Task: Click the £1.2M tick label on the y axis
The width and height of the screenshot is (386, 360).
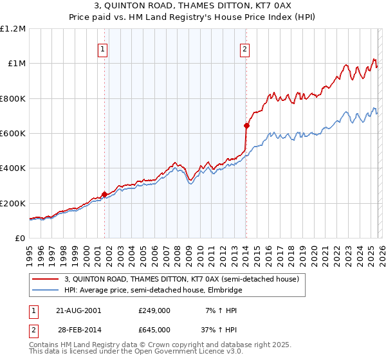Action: (x=13, y=29)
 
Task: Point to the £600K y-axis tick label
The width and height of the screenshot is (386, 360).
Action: (x=13, y=134)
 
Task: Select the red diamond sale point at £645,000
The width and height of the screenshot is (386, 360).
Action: (x=246, y=125)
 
